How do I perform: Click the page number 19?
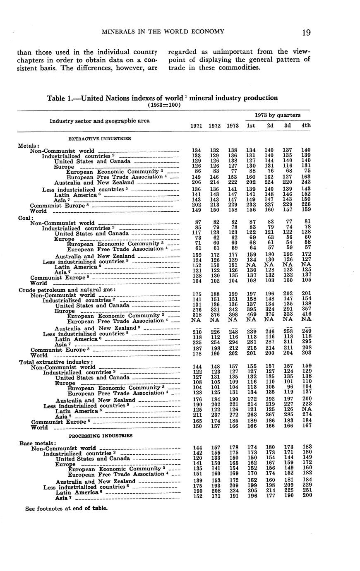click(306, 32)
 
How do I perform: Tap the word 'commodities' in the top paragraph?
click(241, 67)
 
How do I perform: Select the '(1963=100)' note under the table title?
click(164, 105)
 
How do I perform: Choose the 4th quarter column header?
click(306, 125)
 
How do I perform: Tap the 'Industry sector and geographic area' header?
click(100, 121)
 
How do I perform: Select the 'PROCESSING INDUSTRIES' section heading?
click(101, 436)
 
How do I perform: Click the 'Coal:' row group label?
click(24, 218)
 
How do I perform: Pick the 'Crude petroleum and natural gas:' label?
click(67, 290)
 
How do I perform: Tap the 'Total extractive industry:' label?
click(56, 362)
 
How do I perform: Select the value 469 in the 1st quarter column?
click(251, 315)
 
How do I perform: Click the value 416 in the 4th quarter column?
click(306, 315)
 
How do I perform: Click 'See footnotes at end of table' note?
click(66, 508)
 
